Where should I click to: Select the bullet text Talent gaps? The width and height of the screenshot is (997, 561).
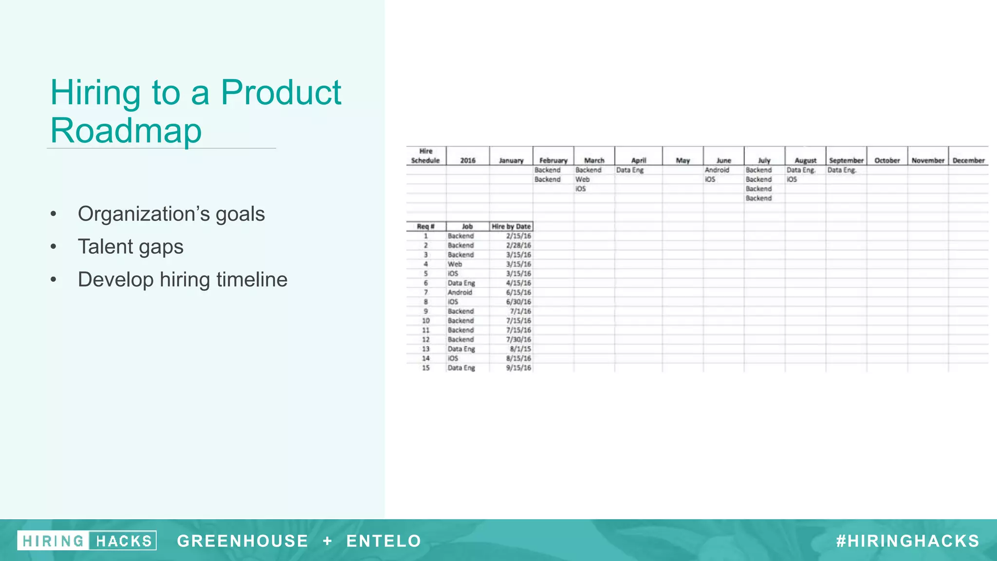130,246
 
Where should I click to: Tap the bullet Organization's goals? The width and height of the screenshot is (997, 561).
171,214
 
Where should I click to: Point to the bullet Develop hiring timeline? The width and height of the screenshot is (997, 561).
183,280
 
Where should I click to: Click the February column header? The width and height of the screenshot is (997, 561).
553,160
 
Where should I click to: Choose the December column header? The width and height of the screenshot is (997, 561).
968,160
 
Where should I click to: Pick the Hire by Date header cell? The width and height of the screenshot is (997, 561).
511,226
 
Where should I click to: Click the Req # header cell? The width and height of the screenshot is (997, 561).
425,226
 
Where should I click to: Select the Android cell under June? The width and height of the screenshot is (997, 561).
717,170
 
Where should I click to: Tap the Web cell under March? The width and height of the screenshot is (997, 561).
582,179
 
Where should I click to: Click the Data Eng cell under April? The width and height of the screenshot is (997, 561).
630,170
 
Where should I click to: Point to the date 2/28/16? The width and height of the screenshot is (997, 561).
518,245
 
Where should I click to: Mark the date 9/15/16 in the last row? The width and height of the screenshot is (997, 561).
518,368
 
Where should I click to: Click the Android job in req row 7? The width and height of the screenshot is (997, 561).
460,292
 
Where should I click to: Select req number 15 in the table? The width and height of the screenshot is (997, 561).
425,368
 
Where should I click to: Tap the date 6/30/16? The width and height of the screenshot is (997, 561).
518,302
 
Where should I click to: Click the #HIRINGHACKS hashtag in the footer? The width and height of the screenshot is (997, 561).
908,541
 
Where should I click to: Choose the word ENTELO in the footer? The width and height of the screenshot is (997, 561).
384,541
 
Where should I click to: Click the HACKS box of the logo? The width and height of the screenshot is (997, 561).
124,541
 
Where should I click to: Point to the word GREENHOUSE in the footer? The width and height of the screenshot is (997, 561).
242,541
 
